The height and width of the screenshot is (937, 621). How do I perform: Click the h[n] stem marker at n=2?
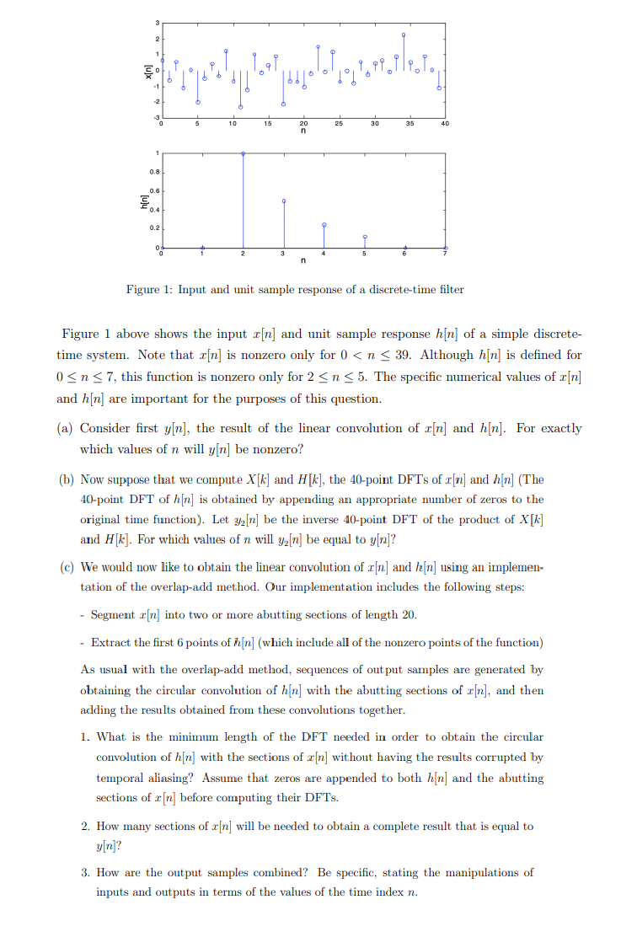(x=244, y=153)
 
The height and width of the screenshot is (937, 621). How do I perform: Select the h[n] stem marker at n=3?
(x=284, y=201)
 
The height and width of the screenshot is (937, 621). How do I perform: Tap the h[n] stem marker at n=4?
(x=324, y=225)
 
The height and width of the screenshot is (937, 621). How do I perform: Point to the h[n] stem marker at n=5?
(x=365, y=237)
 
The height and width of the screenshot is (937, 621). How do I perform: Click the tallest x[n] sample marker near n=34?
(x=404, y=35)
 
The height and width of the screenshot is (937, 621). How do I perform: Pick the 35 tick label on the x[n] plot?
(x=410, y=124)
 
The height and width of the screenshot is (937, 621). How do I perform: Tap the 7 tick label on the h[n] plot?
(x=447, y=254)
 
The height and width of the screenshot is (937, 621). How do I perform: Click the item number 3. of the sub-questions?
(x=86, y=872)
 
